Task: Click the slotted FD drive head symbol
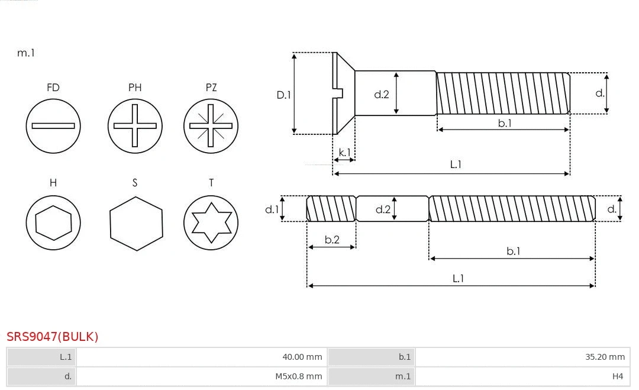pos(53,125)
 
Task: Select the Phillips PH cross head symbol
pos(135,125)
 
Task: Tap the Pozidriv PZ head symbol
pos(211,125)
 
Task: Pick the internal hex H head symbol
pos(53,223)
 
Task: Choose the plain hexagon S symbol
pos(136,223)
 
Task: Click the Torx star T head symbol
pos(211,223)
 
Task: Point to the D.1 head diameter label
pos(284,94)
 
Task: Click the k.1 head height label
pos(344,152)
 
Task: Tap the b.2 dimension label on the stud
pos(332,240)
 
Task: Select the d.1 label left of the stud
pos(271,209)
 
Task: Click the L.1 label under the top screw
pos(456,165)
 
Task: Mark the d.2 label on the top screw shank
pos(382,94)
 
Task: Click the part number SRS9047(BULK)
pos(53,337)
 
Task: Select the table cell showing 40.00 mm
pos(201,357)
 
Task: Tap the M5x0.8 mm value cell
pos(201,376)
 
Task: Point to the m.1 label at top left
pos(26,53)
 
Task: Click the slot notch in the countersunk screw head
pos(339,93)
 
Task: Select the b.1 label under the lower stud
pos(513,251)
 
